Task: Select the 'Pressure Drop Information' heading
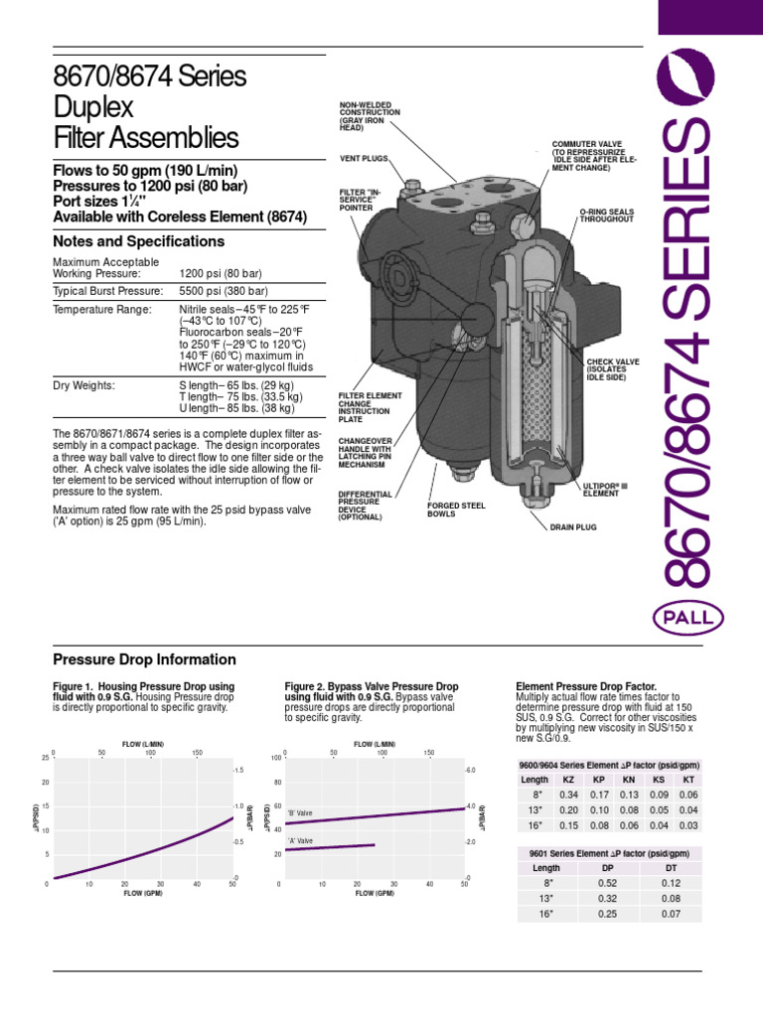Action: click(x=143, y=659)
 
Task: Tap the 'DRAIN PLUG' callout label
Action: click(x=573, y=526)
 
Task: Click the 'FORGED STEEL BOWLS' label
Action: click(x=456, y=510)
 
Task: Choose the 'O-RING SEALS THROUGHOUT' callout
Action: click(x=607, y=215)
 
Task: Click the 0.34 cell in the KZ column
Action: click(x=568, y=795)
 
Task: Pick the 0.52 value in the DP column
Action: click(x=607, y=884)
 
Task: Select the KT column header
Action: click(x=688, y=780)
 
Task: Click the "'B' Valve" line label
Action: click(x=300, y=813)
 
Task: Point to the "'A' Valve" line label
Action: click(x=300, y=841)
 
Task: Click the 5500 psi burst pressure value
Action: click(x=224, y=290)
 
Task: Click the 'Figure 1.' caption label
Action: click(x=76, y=686)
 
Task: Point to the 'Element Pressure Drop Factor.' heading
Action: click(x=586, y=686)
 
